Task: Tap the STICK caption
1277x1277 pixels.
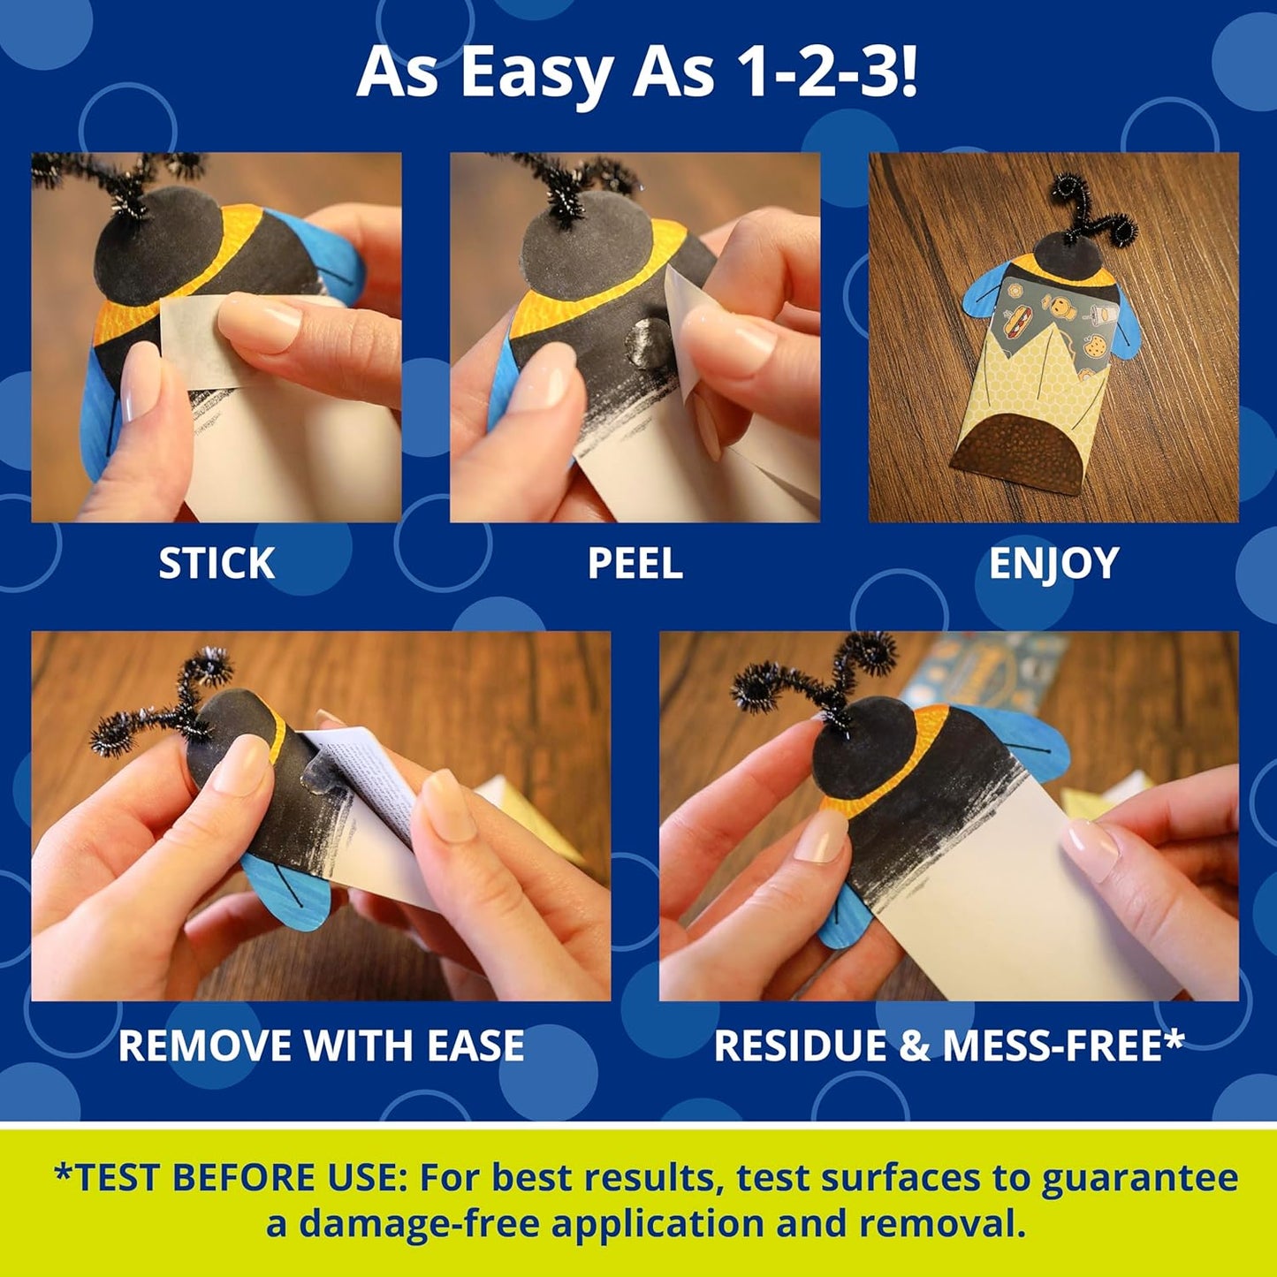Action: point(217,563)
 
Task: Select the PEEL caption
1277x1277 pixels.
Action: point(635,563)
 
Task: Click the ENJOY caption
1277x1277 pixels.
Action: point(1053,563)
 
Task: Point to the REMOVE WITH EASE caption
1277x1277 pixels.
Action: point(321,1045)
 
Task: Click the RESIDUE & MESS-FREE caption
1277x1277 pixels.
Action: point(948,1045)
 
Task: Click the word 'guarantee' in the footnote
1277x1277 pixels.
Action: point(1140,1178)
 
